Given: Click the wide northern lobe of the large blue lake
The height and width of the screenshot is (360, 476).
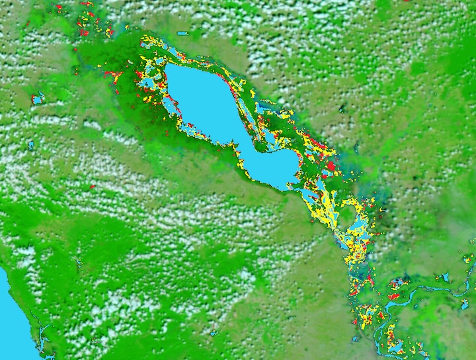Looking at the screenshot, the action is [x=198, y=99].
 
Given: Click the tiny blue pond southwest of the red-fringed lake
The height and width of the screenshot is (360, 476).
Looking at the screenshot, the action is [x=30, y=144].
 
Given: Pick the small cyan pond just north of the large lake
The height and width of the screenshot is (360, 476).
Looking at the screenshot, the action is [x=182, y=32].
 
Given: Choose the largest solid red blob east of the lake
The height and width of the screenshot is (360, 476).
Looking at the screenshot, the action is [x=331, y=165].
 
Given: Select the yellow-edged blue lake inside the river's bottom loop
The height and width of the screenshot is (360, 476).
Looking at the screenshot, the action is [x=397, y=345].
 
